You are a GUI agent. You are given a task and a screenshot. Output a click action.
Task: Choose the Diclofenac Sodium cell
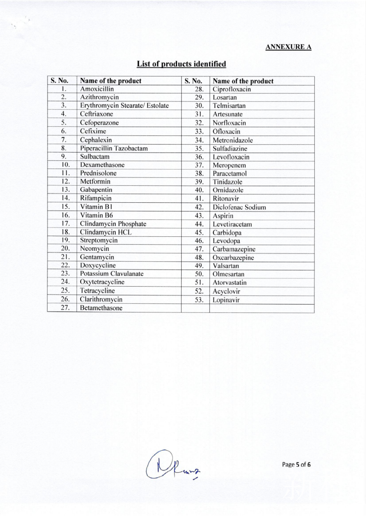click(x=239, y=207)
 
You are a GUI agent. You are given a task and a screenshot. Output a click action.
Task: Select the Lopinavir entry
click(x=224, y=300)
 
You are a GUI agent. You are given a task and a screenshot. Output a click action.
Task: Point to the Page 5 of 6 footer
click(x=296, y=464)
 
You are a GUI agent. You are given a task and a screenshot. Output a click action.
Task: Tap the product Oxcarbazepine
click(x=233, y=258)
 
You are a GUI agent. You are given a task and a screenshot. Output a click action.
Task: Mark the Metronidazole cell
click(x=233, y=140)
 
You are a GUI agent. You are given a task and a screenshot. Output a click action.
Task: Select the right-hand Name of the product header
click(x=243, y=81)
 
